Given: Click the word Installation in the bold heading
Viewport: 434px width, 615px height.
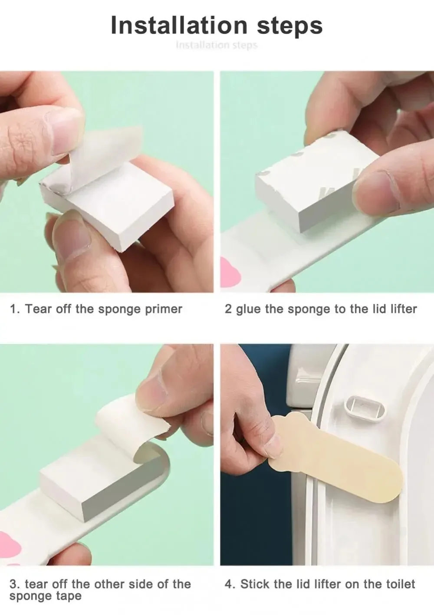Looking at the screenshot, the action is [179, 26].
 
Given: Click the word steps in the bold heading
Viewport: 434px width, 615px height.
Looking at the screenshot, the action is [289, 26].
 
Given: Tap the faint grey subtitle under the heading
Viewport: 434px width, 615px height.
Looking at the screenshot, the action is [217, 45].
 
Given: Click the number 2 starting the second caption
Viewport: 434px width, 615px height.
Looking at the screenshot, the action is [228, 309].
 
